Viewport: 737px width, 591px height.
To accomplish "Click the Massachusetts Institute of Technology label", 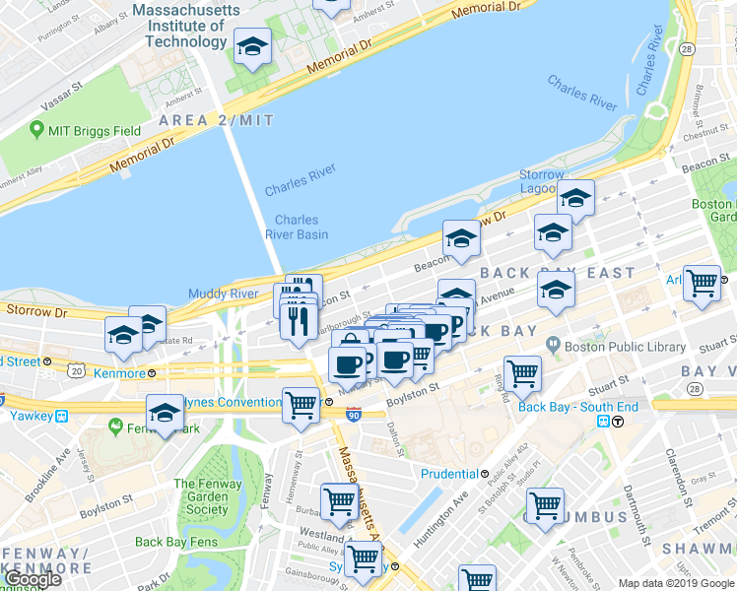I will click(x=185, y=26).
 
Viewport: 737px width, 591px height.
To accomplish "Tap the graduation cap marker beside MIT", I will click(x=252, y=45).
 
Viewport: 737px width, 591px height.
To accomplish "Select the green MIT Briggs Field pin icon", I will click(x=37, y=129).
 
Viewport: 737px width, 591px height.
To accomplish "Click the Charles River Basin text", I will click(x=296, y=228).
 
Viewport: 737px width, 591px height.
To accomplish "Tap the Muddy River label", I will click(x=224, y=294).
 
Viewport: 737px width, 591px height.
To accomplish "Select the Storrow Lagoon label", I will click(x=542, y=182).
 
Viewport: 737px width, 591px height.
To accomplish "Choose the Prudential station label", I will click(x=449, y=474).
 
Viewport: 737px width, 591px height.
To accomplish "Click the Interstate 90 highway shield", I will click(x=354, y=416).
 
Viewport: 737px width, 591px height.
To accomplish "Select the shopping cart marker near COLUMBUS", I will click(x=545, y=505).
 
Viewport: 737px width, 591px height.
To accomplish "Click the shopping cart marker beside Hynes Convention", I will click(x=301, y=404).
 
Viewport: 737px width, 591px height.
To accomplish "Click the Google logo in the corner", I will click(x=32, y=579).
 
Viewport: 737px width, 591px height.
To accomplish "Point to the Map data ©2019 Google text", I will click(x=676, y=583).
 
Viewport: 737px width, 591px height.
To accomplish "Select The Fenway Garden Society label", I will click(x=207, y=496).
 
